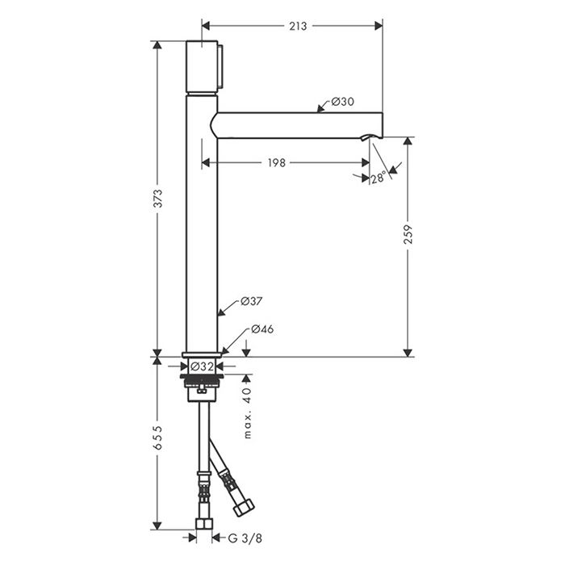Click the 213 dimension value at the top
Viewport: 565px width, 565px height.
298,26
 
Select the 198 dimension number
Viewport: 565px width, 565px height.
276,163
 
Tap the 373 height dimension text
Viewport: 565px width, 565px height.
158,199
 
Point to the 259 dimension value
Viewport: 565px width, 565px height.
408,234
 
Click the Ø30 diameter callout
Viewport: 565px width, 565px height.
343,102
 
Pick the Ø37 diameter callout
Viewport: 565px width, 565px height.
251,301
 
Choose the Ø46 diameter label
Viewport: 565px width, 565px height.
262,329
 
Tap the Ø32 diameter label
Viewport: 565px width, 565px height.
202,366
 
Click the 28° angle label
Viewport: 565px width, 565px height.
379,178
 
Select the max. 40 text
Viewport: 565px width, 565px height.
247,413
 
